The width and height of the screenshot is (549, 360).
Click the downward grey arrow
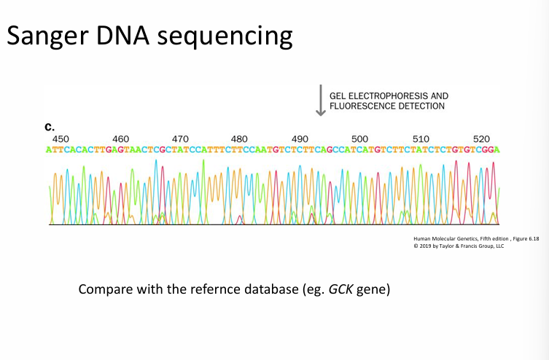pos(320,101)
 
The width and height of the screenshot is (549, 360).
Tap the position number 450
pos(61,138)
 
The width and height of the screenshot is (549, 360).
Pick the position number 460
pos(121,138)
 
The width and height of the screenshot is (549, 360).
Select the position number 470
pos(180,138)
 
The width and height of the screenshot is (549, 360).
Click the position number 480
pos(239,138)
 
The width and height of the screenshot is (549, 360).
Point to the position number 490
pos(299,138)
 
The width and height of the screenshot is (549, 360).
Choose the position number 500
pos(359,138)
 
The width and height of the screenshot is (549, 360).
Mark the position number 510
pos(421,138)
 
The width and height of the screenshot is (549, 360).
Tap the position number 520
pos(481,138)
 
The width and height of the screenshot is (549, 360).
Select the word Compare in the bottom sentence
pos(104,290)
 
